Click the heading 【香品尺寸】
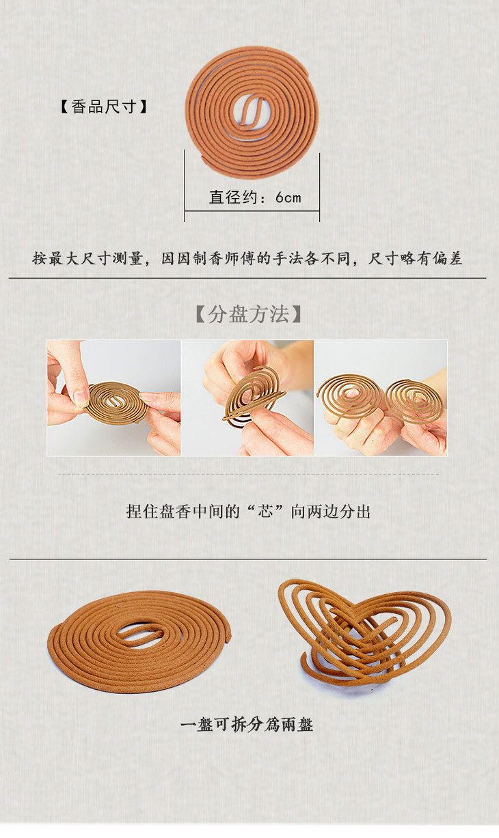[104, 107]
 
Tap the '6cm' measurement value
[288, 197]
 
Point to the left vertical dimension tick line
[185, 186]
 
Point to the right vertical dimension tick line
[319, 187]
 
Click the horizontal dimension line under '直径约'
[252, 211]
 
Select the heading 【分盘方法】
[248, 314]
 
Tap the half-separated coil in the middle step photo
[253, 397]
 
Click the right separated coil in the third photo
[414, 401]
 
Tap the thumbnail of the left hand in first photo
[81, 397]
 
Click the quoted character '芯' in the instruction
[265, 511]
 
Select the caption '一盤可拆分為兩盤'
[247, 725]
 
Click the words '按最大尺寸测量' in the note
[87, 259]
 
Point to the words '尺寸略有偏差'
[415, 259]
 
